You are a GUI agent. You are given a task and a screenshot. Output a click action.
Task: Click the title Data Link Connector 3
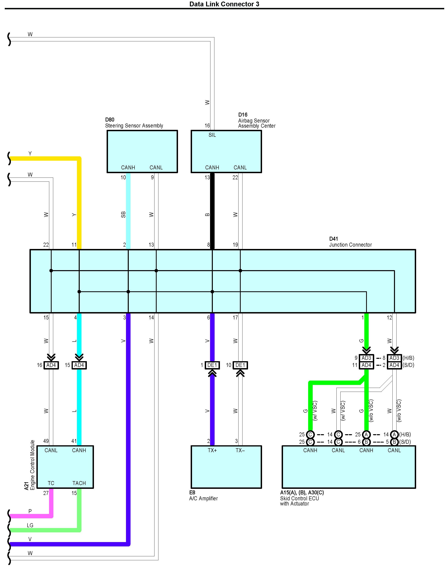224,4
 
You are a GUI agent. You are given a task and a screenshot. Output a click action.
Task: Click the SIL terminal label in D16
212,135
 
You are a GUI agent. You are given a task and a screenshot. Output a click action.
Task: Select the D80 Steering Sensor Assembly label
134,123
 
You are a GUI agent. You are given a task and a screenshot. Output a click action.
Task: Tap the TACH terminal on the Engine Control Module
79,483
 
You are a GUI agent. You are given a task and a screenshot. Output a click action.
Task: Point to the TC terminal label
51,483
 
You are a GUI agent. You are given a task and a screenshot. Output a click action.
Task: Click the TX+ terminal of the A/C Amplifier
212,450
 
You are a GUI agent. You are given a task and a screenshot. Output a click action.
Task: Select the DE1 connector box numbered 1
212,365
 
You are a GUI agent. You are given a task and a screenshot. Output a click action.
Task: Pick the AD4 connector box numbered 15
79,365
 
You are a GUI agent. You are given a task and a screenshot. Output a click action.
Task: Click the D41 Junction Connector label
350,242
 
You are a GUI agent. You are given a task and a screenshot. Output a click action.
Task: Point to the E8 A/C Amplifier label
203,496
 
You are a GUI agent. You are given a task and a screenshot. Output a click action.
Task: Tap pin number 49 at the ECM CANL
46,441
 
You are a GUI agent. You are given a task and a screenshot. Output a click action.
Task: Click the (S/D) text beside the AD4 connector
408,365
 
